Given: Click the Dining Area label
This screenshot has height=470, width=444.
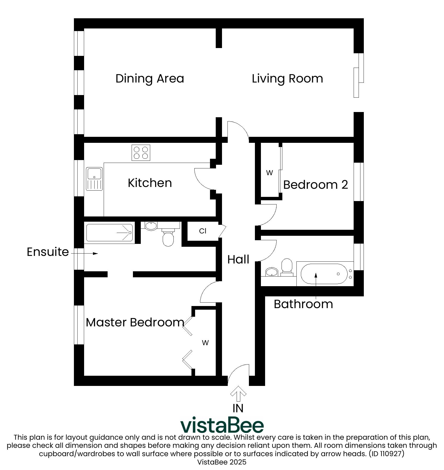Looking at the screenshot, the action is point(150,79).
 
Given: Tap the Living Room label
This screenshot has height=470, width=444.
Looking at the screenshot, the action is point(287,79).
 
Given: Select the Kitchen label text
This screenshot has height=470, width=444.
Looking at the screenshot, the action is point(150,183).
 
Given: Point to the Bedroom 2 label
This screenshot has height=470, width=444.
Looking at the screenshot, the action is point(316,185).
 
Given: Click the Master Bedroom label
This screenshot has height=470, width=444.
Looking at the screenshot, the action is point(135,322).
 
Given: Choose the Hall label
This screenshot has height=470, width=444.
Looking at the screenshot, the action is point(238,259).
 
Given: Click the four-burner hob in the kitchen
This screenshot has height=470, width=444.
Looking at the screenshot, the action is point(141,152).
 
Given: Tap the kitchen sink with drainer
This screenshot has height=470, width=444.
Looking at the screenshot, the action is point(94,179).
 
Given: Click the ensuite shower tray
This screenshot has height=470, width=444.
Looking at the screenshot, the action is point(110,233).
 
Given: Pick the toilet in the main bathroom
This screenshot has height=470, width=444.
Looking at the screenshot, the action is point(287,267).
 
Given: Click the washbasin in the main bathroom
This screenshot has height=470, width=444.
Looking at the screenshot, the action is point(272,272).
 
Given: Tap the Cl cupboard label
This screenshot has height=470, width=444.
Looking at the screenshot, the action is point(203,231).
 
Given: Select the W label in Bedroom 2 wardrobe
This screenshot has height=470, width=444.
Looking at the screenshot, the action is point(269,173).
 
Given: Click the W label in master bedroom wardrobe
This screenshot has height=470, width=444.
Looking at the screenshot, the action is point(205,343).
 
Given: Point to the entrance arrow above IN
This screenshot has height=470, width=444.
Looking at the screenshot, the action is point(238,393).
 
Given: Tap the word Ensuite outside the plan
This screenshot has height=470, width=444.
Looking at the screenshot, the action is point(48,252).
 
